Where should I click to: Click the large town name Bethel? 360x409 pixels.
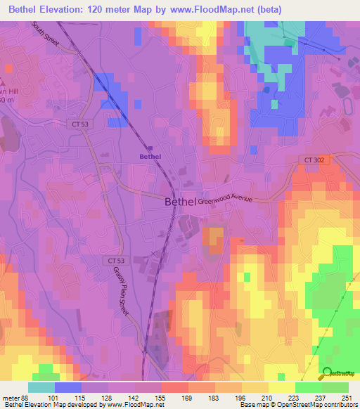point(179,202)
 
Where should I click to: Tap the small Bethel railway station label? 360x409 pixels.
point(150,157)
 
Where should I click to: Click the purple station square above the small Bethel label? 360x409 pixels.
point(150,147)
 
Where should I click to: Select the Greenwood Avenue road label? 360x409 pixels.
point(225,200)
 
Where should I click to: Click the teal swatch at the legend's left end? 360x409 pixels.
point(41,387)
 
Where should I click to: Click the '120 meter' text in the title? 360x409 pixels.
point(114,9)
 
